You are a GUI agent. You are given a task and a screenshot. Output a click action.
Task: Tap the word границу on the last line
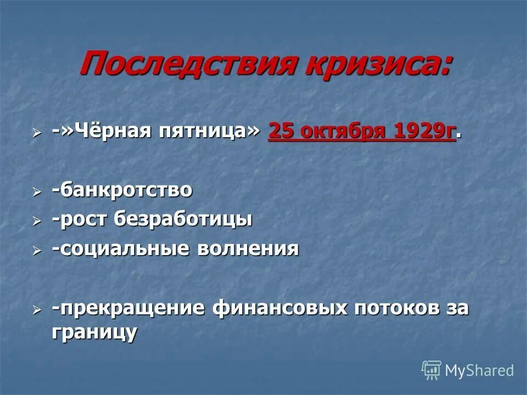pos(94,332)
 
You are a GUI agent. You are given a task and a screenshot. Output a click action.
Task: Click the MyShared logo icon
pos(431,370)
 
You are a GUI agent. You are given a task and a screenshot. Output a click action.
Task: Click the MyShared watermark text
pos(479,370)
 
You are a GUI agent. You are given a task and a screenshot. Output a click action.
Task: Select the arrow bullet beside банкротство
pos(36,191)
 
